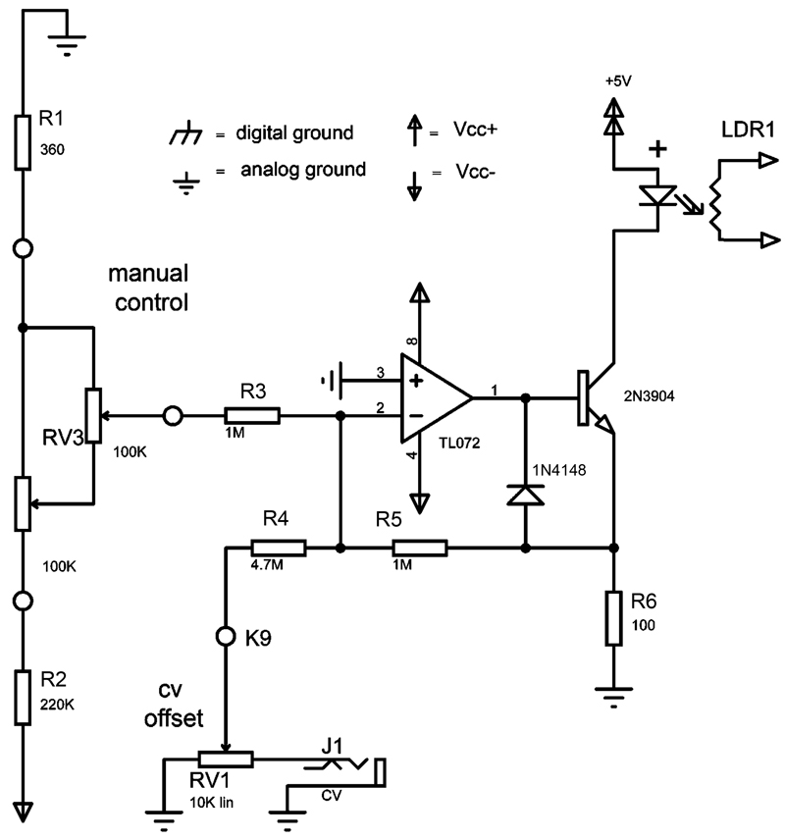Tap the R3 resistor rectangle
pos(254,416)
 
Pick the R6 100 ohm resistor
pos(613,618)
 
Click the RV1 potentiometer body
pos(226,759)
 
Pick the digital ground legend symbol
pos(182,132)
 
